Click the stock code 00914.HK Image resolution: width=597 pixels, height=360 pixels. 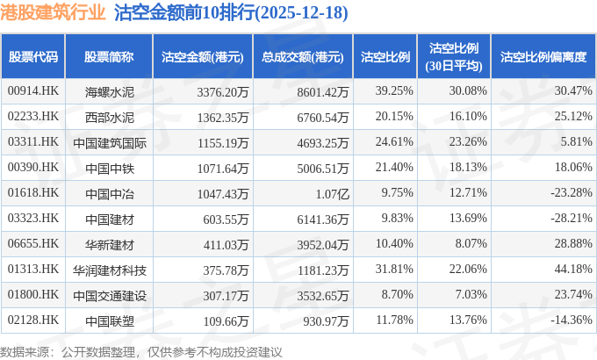point(32,90)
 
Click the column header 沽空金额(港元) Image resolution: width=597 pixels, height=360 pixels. point(203,56)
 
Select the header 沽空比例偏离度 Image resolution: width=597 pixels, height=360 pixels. point(542,56)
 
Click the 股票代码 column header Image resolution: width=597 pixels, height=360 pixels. point(33,56)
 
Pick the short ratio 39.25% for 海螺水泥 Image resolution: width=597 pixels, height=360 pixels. point(393,90)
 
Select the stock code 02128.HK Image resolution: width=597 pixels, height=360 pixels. point(32,320)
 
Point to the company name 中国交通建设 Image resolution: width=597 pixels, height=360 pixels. point(110,295)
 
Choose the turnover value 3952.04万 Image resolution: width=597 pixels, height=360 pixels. point(320,243)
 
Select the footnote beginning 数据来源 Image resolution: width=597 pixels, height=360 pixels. point(141,351)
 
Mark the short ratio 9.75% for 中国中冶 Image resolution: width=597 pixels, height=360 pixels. point(397,192)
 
